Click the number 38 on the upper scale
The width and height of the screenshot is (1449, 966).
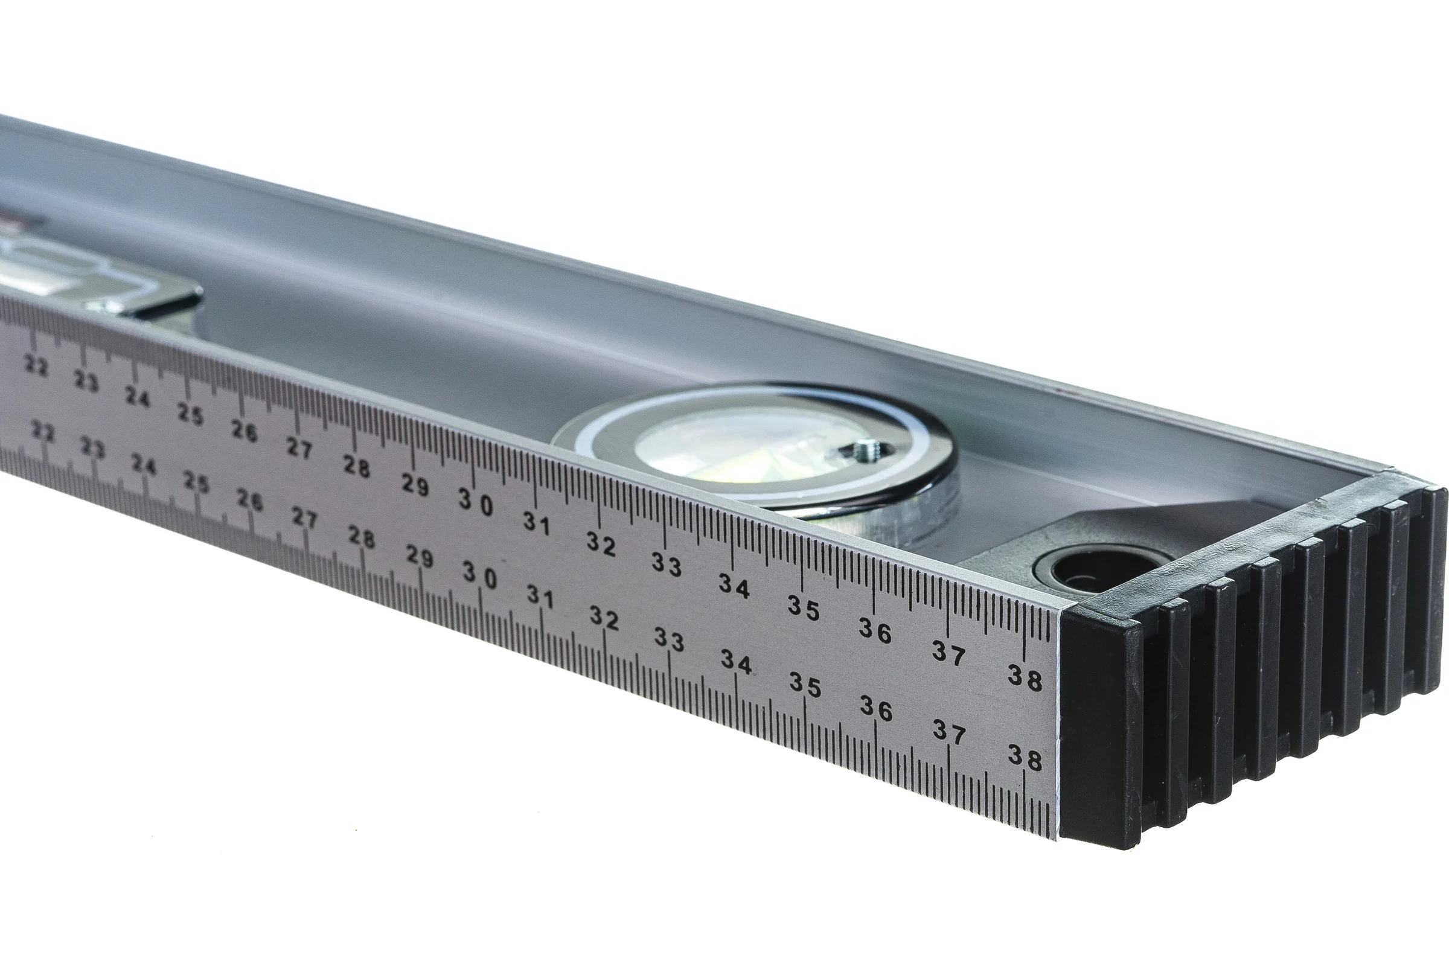(x=1025, y=677)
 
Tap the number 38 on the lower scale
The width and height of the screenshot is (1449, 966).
(x=1025, y=757)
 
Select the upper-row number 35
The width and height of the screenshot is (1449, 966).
(x=804, y=608)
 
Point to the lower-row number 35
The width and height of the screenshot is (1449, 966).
(x=805, y=686)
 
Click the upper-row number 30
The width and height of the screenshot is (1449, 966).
(x=476, y=503)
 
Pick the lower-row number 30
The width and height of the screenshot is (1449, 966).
(x=480, y=576)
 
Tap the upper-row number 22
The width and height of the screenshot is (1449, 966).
(x=36, y=366)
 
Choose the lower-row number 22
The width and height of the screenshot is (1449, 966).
(x=42, y=432)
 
